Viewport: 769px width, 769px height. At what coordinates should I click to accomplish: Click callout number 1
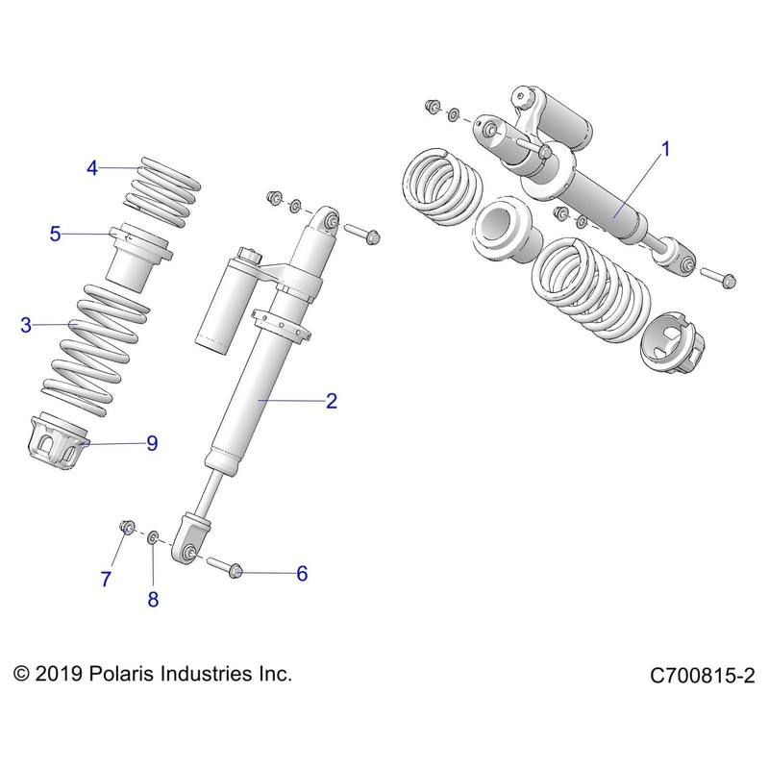(x=665, y=149)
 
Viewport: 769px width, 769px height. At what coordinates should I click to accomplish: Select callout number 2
(x=331, y=401)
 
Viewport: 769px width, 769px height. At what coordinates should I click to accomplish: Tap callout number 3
(x=26, y=325)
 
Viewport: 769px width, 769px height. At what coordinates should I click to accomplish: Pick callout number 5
(x=55, y=233)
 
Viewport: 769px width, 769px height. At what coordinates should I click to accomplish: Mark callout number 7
(x=107, y=579)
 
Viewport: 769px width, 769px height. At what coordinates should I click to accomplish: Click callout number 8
(x=153, y=599)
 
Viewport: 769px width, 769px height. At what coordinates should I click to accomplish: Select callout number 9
(x=152, y=443)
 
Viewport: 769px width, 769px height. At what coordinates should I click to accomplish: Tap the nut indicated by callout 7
(x=125, y=526)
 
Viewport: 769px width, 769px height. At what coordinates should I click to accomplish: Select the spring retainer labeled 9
(x=58, y=443)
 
